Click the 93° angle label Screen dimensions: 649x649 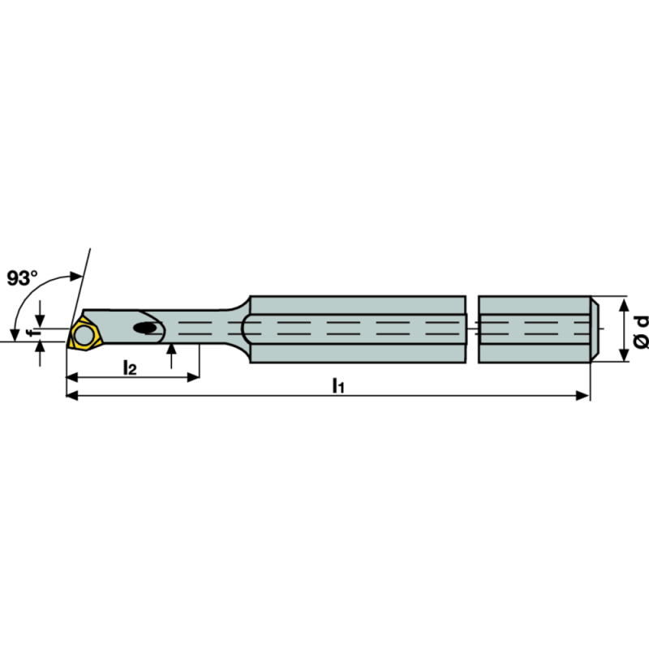[23, 278]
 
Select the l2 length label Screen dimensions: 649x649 [129, 367]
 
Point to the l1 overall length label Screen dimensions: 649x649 [338, 386]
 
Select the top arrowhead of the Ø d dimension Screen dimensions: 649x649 [623, 303]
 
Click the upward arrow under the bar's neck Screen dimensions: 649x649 [172, 349]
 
